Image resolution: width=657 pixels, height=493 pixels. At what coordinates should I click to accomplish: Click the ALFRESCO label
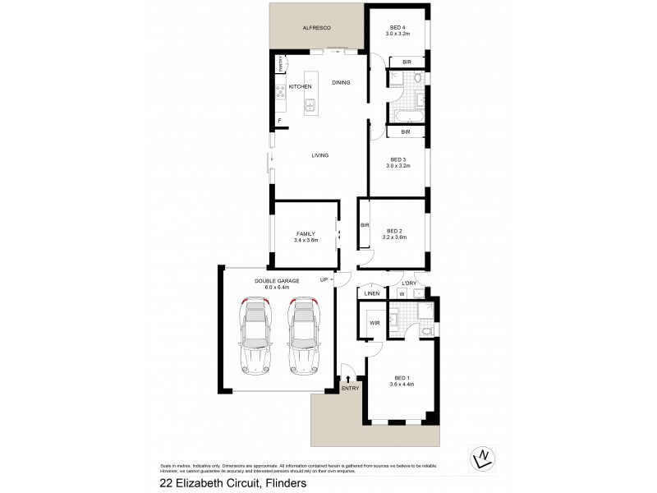click(x=316, y=29)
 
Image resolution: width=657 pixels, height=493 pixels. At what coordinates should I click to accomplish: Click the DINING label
click(x=341, y=82)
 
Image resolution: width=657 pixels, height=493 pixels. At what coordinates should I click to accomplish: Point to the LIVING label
click(x=320, y=154)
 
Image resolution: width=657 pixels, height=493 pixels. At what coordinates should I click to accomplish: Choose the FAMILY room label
click(x=306, y=233)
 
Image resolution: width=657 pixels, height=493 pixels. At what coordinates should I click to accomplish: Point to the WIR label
click(x=374, y=322)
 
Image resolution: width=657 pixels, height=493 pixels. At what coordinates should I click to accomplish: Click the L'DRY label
click(x=410, y=283)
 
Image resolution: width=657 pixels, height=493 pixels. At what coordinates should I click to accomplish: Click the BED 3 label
click(x=398, y=159)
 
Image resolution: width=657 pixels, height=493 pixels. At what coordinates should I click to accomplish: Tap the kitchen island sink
click(x=310, y=104)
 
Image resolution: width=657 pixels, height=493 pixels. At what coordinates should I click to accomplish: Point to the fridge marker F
click(x=279, y=122)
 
